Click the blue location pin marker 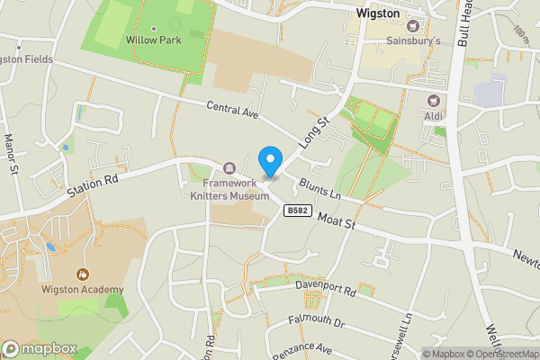pyautogui.click(x=269, y=161)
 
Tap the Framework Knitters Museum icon pyautogui.click(x=229, y=168)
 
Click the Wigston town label pyautogui.click(x=377, y=14)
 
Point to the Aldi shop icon pyautogui.click(x=435, y=101)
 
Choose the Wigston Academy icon pyautogui.click(x=83, y=274)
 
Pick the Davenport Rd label pyautogui.click(x=326, y=292)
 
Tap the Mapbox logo pyautogui.click(x=40, y=348)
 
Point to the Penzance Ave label pyautogui.click(x=302, y=349)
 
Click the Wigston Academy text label pyautogui.click(x=82, y=289)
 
